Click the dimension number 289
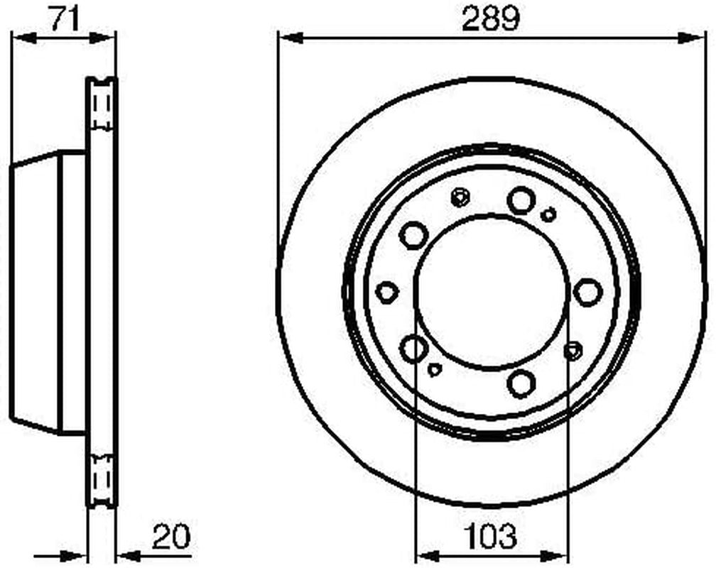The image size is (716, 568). [490, 18]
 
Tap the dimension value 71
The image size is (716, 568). [64, 18]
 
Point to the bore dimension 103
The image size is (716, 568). [490, 536]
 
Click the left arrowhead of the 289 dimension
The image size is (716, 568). [291, 38]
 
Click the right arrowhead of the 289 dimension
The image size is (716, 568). [690, 38]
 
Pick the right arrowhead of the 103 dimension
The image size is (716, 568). [555, 556]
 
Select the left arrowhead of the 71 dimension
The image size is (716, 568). [23, 38]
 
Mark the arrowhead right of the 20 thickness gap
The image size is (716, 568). [129, 556]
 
